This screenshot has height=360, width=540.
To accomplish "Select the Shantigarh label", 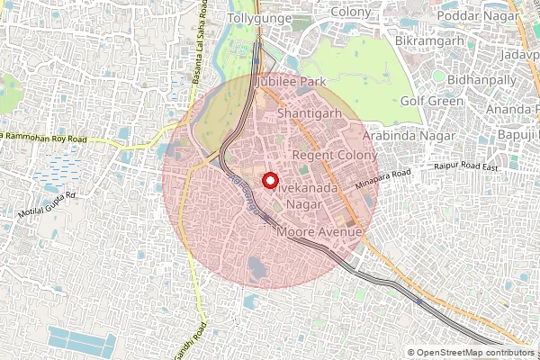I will tap(310, 114).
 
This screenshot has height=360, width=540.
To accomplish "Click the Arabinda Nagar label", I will tap(402, 135).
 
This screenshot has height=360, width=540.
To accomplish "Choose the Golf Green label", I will tap(431, 101).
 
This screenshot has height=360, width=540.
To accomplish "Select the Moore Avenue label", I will tap(319, 232).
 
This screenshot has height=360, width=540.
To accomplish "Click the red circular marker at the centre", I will tap(269, 180).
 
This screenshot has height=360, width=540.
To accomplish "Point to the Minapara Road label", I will tap(382, 179).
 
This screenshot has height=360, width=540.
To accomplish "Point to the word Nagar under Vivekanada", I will tap(302, 205).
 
